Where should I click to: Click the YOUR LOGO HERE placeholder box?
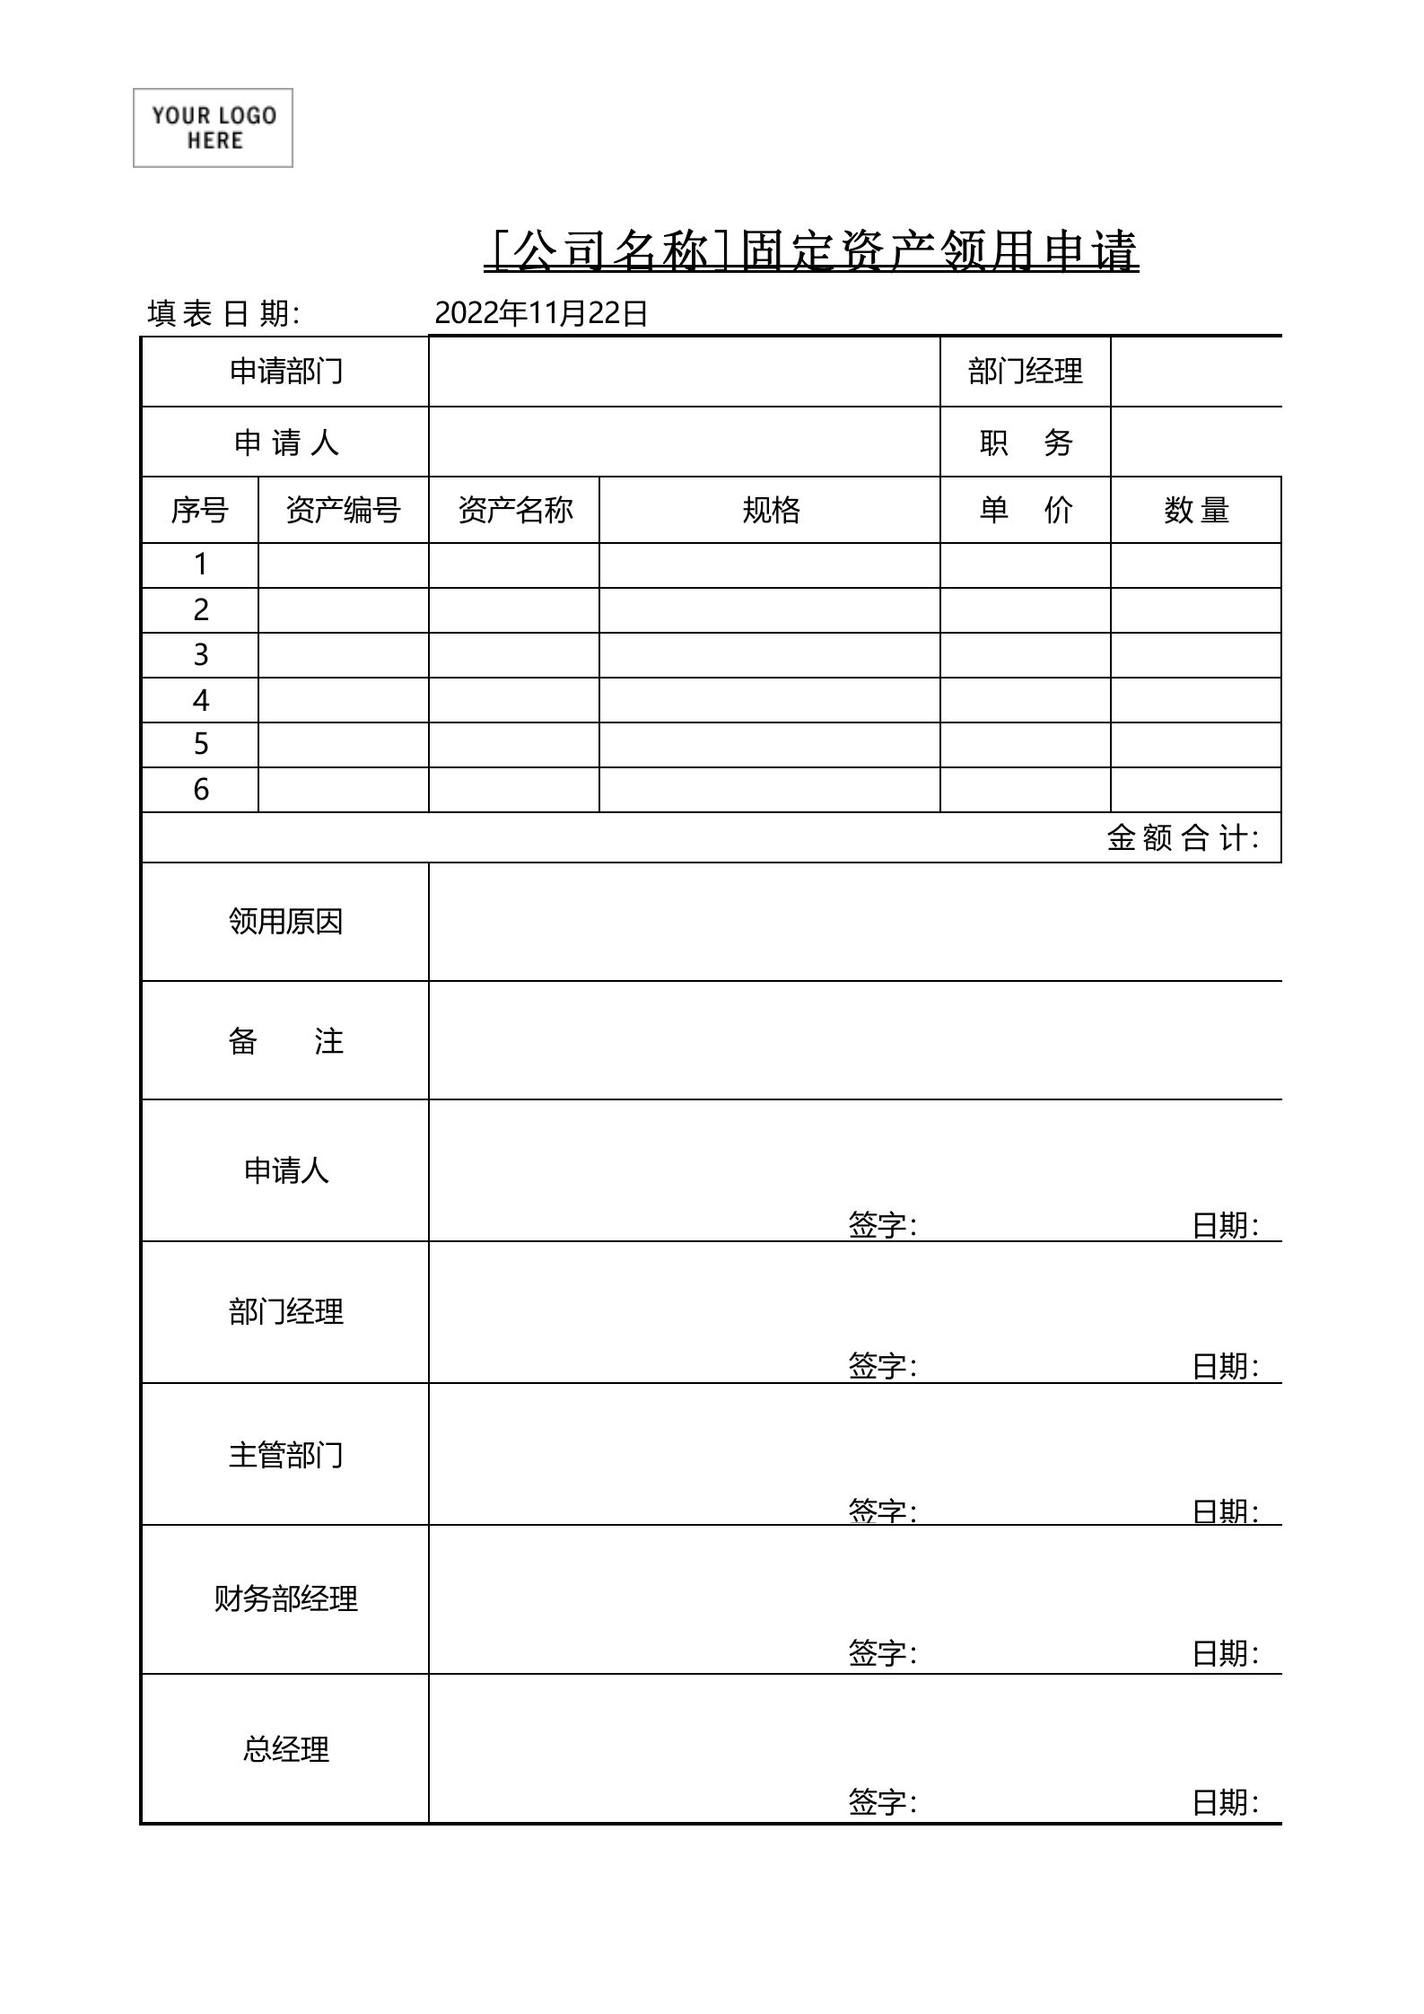[213, 127]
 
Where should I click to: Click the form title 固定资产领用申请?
[811, 251]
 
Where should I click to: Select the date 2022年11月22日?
[541, 313]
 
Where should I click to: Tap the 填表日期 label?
[223, 313]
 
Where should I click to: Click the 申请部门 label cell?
[285, 371]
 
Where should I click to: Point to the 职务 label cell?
[1025, 442]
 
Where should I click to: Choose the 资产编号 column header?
[343, 510]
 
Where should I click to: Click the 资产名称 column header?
[514, 510]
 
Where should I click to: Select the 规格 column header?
[770, 510]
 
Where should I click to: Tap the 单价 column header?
[1025, 510]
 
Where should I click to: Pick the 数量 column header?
[1195, 510]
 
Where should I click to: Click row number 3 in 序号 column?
[201, 654]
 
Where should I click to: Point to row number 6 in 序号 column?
[201, 789]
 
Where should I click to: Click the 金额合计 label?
[1182, 837]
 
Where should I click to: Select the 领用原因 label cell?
[285, 921]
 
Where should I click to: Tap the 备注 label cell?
[285, 1040]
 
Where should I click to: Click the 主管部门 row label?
[285, 1454]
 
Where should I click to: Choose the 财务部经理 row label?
[285, 1598]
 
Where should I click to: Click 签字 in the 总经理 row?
[882, 1801]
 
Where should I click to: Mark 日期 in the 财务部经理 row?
[1225, 1652]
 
